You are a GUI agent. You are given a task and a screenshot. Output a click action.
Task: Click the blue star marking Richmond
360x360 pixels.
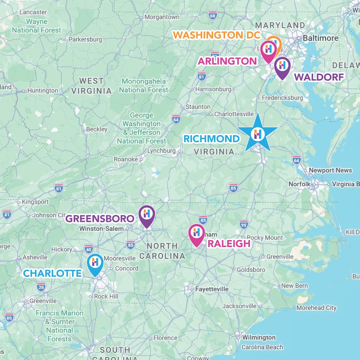(258, 134)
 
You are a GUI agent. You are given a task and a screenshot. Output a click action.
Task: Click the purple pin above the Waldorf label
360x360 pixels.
(282, 67)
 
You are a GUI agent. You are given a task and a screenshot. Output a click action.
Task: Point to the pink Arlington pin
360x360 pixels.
(269, 50)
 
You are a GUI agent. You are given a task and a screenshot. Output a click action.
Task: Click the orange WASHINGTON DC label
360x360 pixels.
(216, 35)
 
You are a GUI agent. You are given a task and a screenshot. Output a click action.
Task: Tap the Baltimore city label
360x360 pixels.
(320, 38)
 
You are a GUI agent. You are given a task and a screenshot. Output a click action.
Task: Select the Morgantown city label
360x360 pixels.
(162, 17)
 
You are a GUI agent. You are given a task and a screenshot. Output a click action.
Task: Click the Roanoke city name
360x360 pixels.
(126, 159)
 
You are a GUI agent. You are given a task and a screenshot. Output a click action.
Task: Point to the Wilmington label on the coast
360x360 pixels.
(259, 337)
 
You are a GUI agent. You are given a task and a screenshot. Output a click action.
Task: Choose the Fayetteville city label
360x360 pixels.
(212, 289)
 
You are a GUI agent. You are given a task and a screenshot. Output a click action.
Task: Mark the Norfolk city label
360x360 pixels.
(300, 184)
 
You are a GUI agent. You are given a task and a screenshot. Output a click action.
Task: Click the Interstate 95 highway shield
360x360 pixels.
(244, 224)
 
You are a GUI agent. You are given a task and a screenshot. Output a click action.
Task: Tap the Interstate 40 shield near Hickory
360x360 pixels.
(88, 248)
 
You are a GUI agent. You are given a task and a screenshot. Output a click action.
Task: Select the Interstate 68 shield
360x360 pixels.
(213, 15)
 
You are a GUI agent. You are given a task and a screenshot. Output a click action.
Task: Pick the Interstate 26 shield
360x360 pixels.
(41, 287)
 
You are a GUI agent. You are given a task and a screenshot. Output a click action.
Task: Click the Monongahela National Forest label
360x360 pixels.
(144, 85)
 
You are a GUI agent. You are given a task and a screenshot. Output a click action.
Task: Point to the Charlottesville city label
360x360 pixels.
(233, 114)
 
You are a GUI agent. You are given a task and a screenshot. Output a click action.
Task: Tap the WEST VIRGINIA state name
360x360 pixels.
(92, 86)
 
